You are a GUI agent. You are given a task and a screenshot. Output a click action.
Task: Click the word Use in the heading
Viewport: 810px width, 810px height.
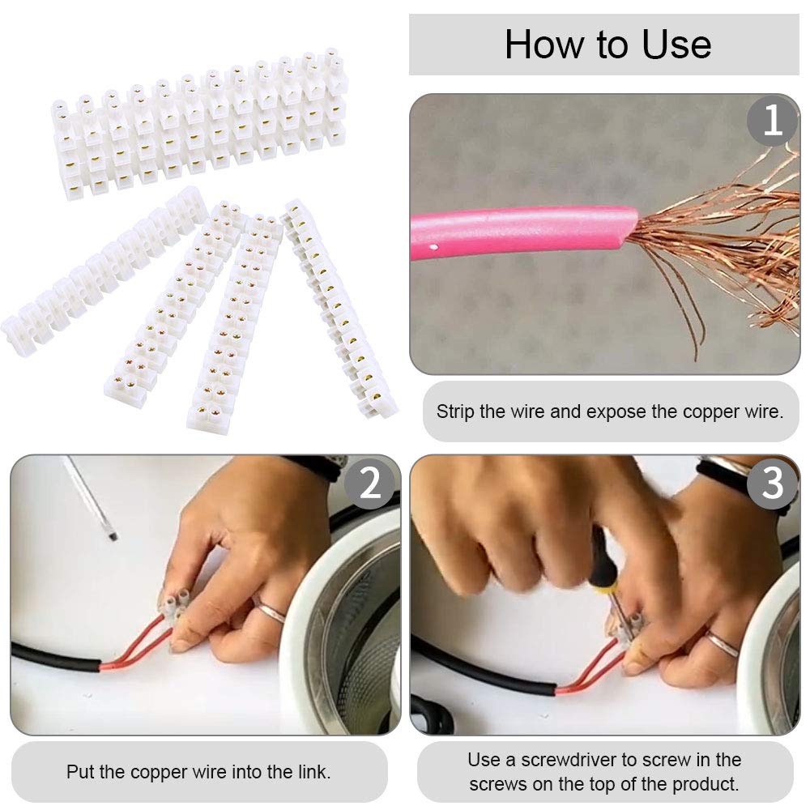676,45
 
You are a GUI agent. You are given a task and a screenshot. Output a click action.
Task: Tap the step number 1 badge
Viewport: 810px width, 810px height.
773,121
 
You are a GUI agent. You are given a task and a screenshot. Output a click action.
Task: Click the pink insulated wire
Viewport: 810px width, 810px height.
522,230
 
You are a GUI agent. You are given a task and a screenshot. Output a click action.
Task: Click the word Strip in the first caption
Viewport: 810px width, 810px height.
455,411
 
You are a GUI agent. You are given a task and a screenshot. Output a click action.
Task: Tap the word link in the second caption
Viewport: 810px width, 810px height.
313,772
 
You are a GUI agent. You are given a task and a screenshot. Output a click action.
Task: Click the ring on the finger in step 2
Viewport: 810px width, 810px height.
270,611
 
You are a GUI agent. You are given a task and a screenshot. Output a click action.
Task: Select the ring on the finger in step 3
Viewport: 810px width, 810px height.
722,643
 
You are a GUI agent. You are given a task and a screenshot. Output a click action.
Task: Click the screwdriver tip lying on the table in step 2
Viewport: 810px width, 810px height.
112,536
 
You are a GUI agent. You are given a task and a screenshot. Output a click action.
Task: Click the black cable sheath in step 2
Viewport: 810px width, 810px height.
56,657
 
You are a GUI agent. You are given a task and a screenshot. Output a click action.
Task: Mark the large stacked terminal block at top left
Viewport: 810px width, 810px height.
200,124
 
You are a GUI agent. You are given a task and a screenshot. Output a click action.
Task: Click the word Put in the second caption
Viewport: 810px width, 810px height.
80,772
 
